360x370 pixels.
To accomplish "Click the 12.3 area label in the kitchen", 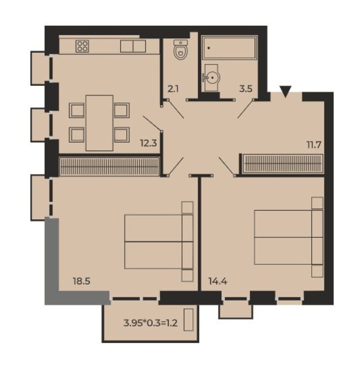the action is click(148, 143).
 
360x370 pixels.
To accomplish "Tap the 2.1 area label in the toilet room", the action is click(173, 89).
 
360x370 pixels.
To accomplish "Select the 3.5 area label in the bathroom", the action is click(246, 89).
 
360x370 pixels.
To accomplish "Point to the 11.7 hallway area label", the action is click(314, 144).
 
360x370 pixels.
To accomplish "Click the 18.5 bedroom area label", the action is click(82, 281).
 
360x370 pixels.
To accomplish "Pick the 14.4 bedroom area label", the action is click(217, 281).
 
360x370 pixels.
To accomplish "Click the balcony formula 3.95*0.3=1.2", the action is click(150, 322).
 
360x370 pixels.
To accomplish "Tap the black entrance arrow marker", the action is click(286, 92).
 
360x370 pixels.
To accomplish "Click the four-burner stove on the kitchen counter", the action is click(82, 46).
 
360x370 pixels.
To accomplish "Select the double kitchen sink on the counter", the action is click(133, 46).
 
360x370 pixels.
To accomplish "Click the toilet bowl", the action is click(181, 50).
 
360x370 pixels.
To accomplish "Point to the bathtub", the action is click(229, 48).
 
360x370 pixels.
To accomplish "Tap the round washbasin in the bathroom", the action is click(212, 77).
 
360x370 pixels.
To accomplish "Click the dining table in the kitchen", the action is click(99, 123).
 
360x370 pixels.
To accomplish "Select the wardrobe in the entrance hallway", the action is click(283, 164).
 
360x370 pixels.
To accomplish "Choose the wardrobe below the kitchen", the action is click(109, 166).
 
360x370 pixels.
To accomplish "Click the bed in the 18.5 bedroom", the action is click(159, 241).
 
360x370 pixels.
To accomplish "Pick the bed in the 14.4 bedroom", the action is click(289, 237).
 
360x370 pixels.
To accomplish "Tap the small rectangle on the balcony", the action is click(189, 320).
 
